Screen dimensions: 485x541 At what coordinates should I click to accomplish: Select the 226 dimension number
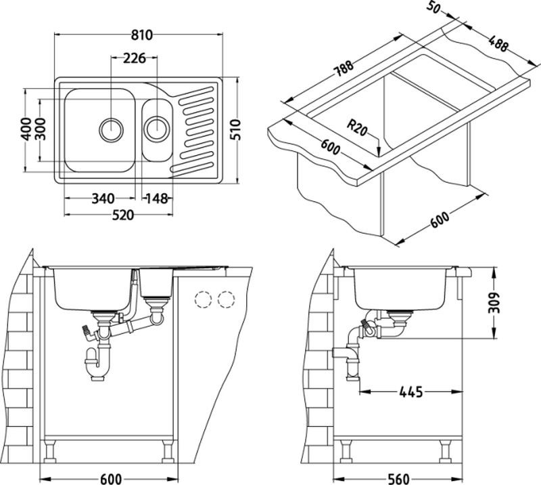135,59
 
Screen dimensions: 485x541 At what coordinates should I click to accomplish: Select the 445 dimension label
411,392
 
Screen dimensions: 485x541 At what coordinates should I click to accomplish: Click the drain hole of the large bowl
112,127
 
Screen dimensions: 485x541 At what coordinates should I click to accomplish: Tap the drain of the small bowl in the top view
158,126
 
